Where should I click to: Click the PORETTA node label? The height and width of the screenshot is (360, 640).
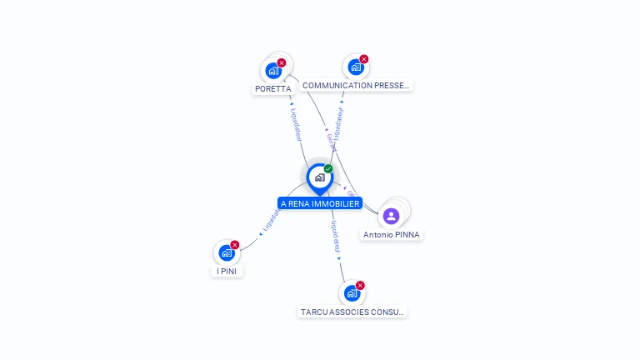point(272,88)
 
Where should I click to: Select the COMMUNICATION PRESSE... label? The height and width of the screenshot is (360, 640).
point(356,86)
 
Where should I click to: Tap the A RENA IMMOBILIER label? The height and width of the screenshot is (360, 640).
point(320,203)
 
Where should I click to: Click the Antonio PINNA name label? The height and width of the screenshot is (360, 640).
point(392,235)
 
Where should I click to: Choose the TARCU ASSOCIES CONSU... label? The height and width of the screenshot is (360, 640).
point(352,312)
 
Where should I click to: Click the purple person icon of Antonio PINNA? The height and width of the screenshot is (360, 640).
point(392,216)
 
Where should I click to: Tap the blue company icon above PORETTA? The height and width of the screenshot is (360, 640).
point(272,71)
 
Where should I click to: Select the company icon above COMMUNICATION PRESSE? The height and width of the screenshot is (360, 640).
point(356,67)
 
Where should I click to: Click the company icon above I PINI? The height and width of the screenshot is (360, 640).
point(226,252)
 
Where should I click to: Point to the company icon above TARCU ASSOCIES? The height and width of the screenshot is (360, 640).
point(352,293)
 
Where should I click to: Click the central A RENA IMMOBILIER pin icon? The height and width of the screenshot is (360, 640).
point(319,177)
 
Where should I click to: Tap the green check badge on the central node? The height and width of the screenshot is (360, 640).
point(328,168)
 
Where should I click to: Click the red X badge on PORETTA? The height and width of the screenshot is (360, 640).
point(282,62)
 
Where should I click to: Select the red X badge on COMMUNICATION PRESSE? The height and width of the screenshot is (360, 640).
point(364,59)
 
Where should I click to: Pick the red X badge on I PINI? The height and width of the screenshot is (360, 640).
point(235,244)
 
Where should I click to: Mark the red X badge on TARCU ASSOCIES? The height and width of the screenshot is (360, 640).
point(360,285)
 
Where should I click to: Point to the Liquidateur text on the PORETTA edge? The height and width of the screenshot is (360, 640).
point(296,122)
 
